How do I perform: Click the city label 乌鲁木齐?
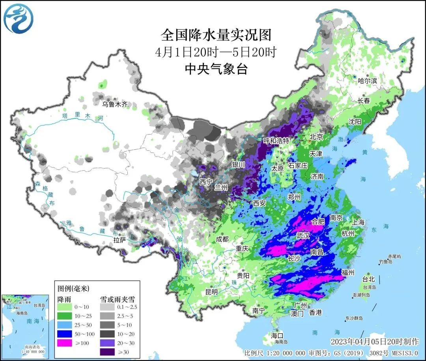tap(115, 104)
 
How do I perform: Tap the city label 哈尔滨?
tap(367, 81)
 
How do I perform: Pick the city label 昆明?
tap(211, 292)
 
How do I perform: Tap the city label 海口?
tap(277, 335)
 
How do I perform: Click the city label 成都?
tap(222, 239)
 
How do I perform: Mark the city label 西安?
tap(260, 203)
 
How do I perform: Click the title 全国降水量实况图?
tap(216, 35)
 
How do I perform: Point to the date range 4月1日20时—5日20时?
tap(216, 53)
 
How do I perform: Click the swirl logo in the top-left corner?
tap(19, 19)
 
